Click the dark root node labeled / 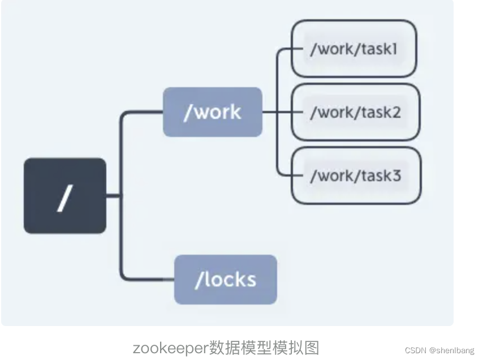(64, 196)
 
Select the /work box (212, 112)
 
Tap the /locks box (225, 280)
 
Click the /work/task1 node (353, 49)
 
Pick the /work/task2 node (355, 112)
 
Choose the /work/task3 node (356, 175)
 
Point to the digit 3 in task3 (396, 175)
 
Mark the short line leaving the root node (113, 196)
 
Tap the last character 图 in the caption (312, 347)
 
